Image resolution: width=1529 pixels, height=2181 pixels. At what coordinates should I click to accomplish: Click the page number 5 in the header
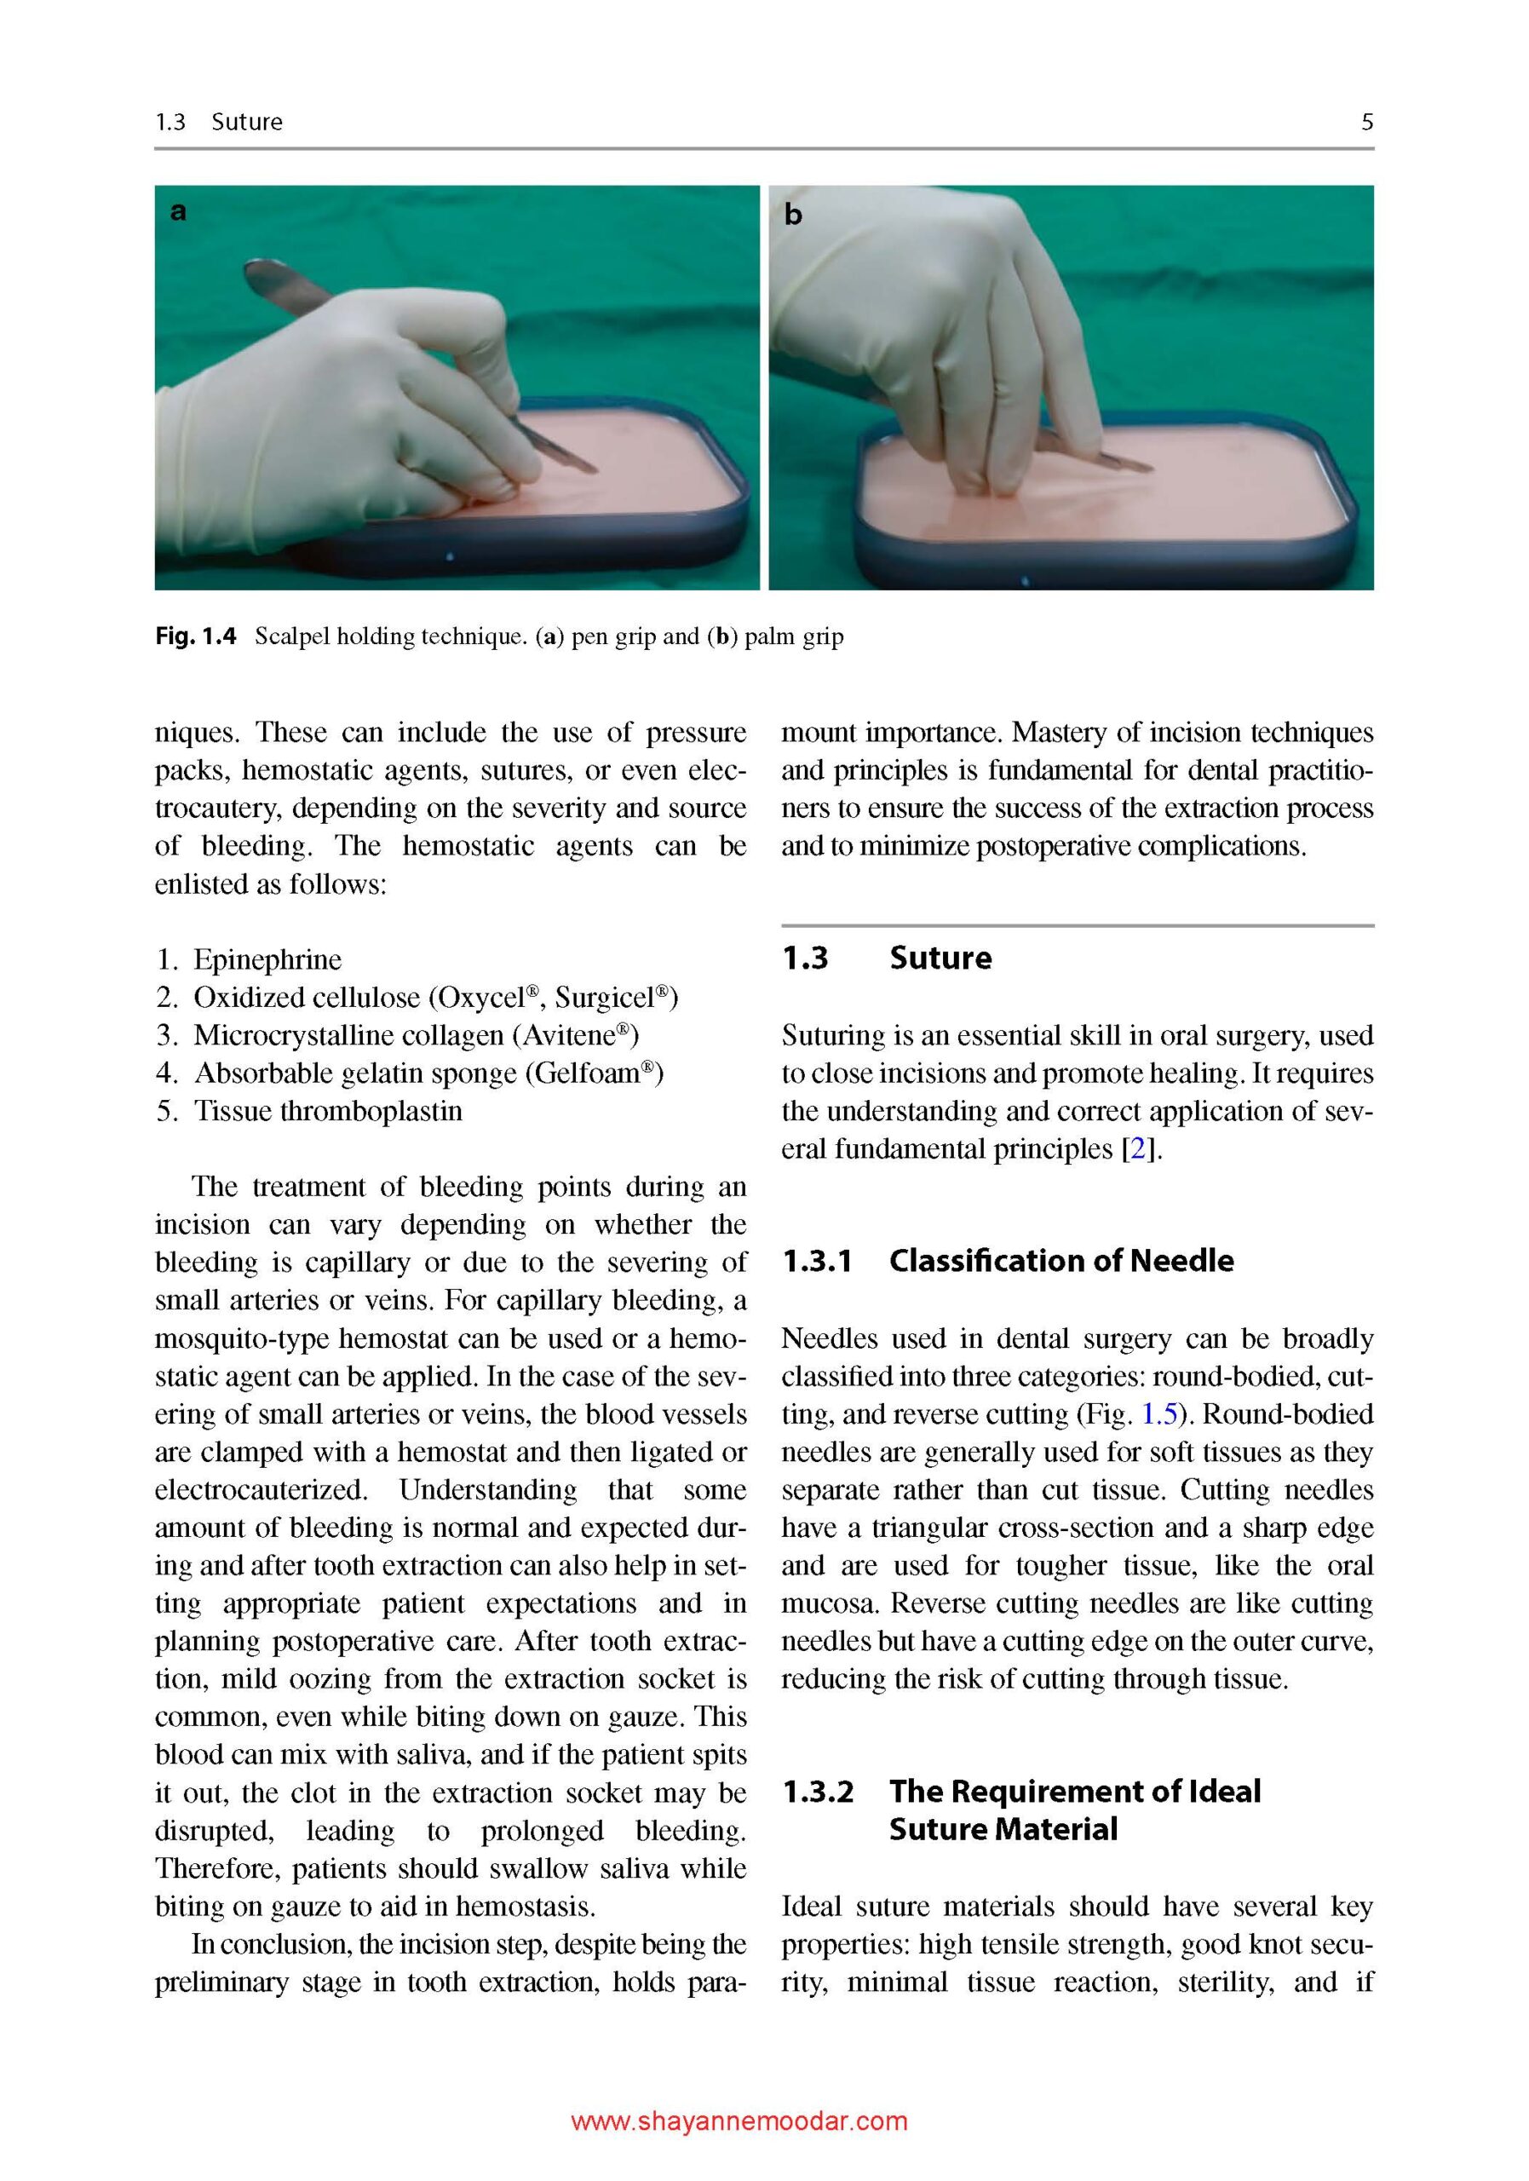pyautogui.click(x=1366, y=122)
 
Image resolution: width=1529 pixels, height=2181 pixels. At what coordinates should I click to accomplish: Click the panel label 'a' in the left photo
pyautogui.click(x=177, y=211)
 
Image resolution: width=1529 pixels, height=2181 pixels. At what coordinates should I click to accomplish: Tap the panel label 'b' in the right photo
pyautogui.click(x=792, y=215)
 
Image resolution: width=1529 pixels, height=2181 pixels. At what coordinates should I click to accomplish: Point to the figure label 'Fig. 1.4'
pyautogui.click(x=196, y=636)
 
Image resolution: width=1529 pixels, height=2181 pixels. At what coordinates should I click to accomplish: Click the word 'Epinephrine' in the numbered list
pyautogui.click(x=267, y=959)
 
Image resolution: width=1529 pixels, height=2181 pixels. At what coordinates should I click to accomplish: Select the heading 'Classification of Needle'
pyautogui.click(x=1061, y=1261)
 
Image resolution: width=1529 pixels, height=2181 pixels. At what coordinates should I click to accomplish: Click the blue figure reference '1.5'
pyautogui.click(x=1158, y=1413)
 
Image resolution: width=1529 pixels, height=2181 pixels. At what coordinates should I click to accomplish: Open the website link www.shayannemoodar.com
pyautogui.click(x=739, y=2121)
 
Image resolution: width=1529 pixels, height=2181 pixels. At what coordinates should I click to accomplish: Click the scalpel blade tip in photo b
pyautogui.click(x=1150, y=469)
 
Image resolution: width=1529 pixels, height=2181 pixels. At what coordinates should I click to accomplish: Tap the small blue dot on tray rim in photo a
pyautogui.click(x=449, y=556)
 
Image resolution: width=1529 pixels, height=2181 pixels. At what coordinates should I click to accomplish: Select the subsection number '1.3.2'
pyautogui.click(x=818, y=1792)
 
